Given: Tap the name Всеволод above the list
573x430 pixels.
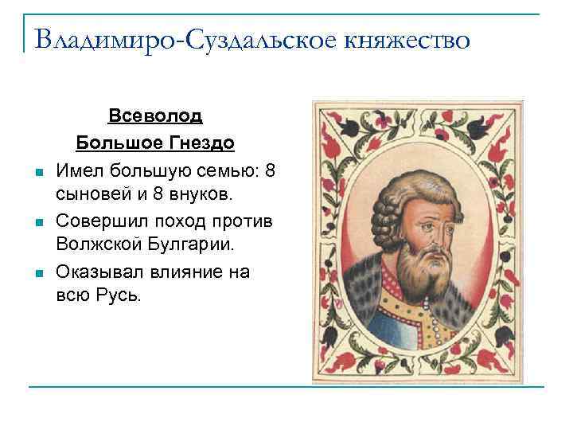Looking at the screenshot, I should click(x=155, y=116).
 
